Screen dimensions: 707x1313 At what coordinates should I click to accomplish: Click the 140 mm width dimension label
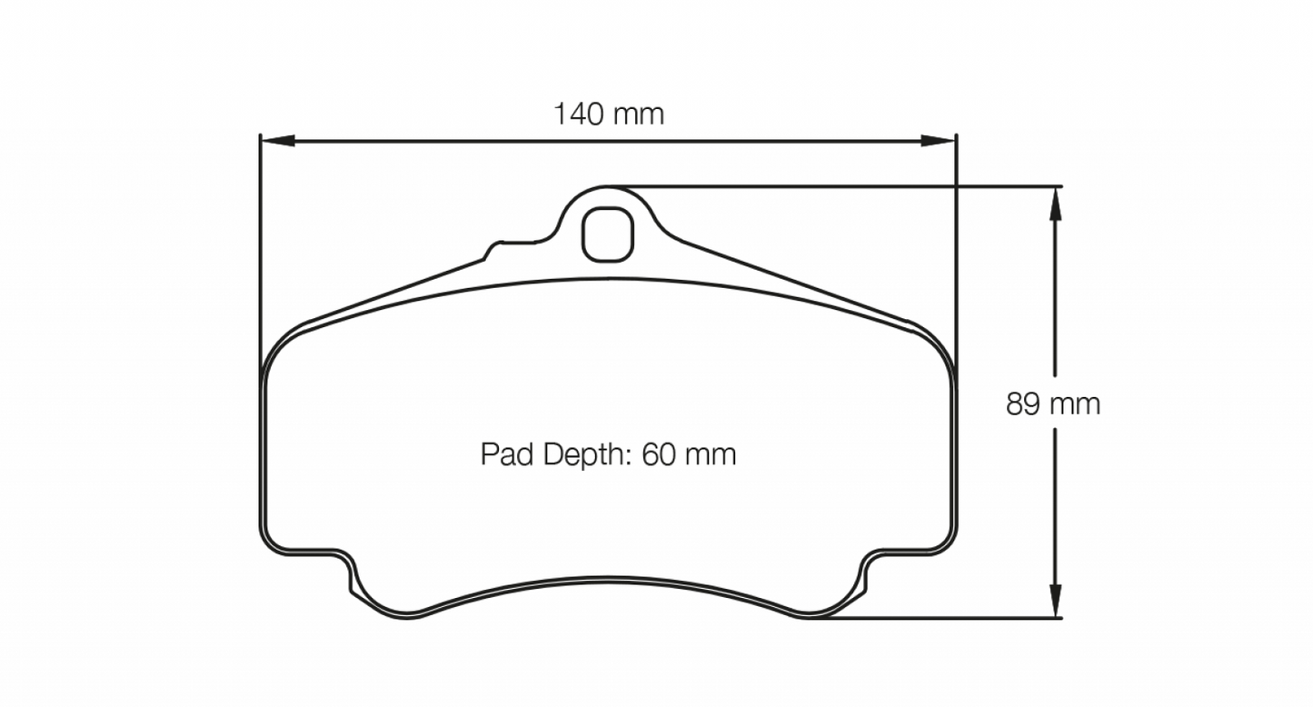click(609, 115)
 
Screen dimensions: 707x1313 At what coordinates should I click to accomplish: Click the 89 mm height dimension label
click(1052, 403)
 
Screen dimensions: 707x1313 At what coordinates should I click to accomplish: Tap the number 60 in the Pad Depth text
click(655, 453)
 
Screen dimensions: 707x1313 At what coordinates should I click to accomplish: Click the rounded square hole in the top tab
click(606, 234)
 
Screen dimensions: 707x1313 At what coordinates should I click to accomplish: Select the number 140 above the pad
click(580, 115)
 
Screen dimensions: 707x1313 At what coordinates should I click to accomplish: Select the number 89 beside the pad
click(1023, 403)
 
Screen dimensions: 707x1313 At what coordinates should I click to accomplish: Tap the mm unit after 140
click(639, 115)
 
